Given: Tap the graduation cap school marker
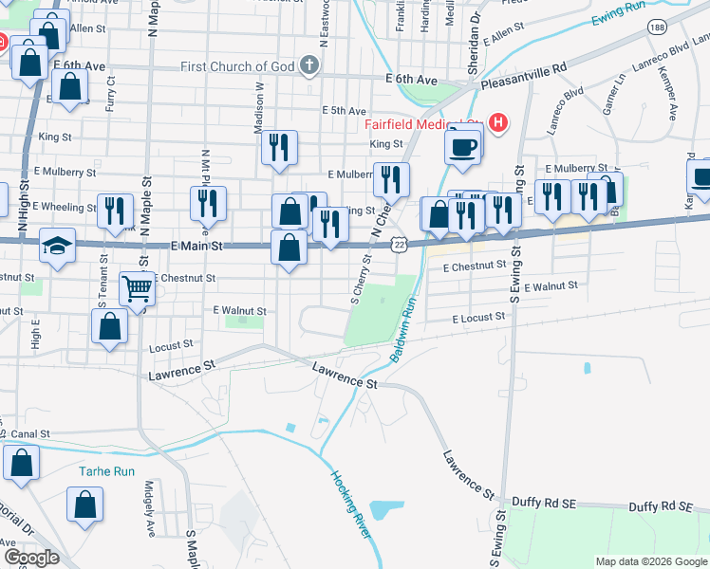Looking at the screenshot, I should coord(57,246).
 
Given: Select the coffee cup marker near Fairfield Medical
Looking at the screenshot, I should coord(463,147).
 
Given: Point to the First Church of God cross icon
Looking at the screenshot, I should coord(308,66).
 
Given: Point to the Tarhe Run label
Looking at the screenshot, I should coord(106,471).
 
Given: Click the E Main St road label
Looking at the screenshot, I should coord(196,246).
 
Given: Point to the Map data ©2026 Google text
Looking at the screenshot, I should coord(650,561).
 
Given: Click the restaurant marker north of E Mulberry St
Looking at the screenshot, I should coord(279,148).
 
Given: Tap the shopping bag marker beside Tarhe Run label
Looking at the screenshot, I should coord(85,505).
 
